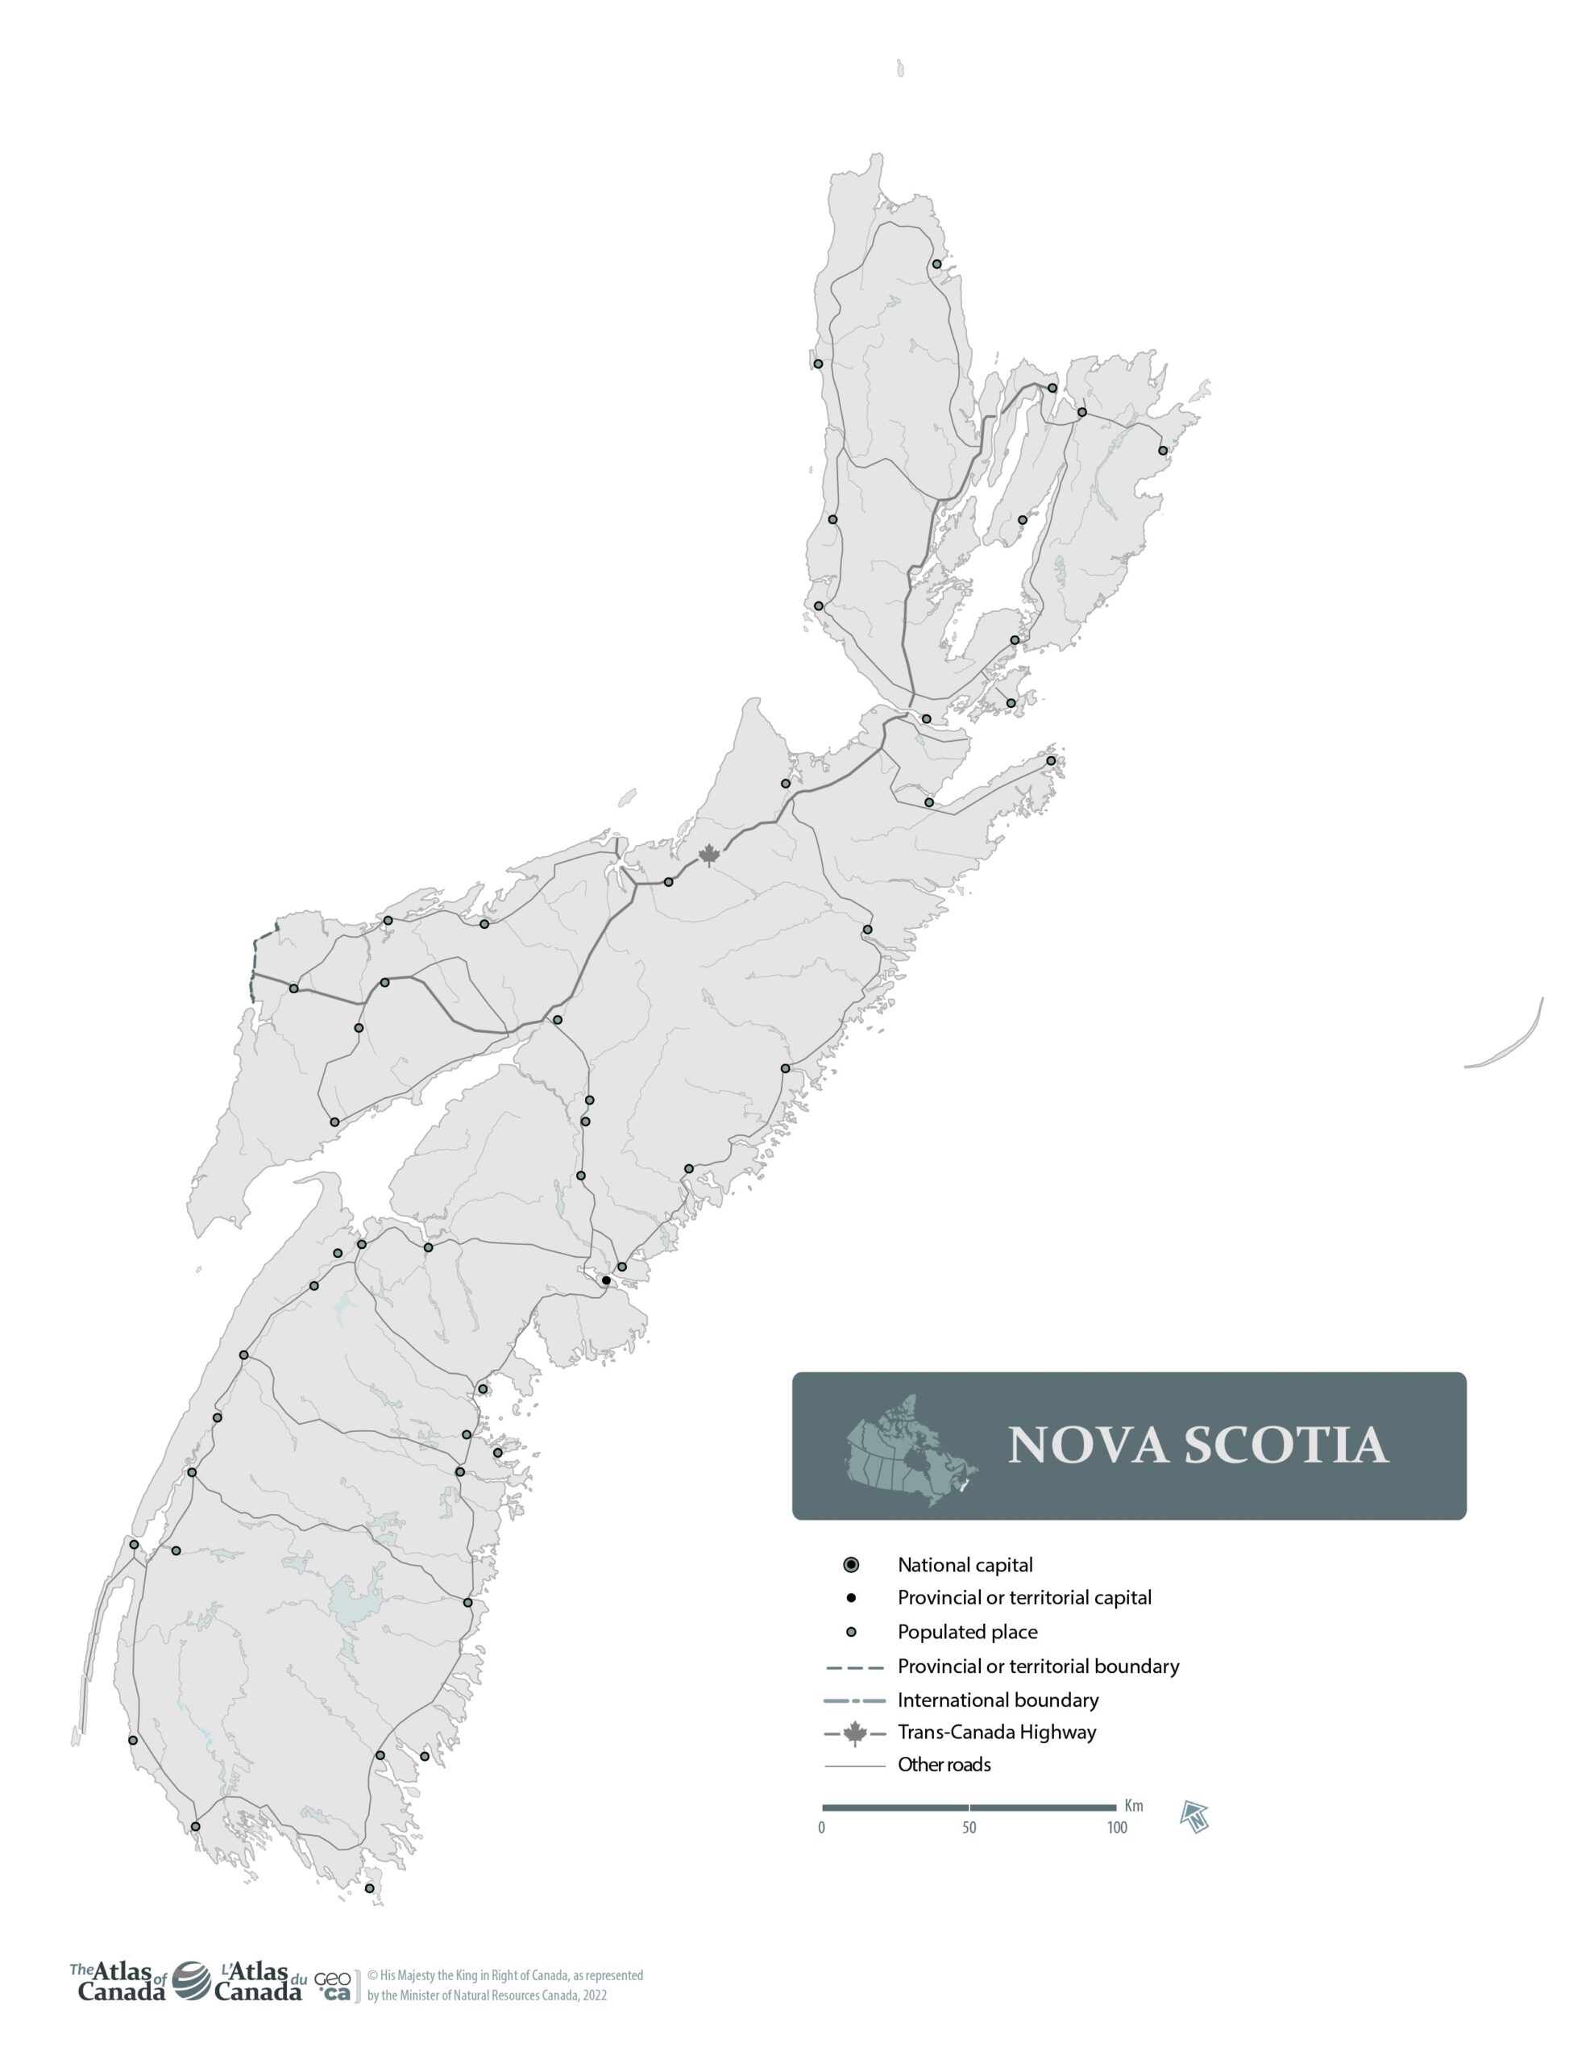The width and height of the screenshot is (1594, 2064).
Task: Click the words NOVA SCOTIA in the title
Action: point(1198,1445)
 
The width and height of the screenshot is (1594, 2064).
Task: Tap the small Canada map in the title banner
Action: point(910,1450)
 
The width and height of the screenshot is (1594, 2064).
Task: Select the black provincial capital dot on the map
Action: point(606,1280)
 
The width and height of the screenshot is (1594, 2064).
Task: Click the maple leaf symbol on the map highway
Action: point(708,856)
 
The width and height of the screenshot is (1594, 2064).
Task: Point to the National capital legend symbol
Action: point(851,1565)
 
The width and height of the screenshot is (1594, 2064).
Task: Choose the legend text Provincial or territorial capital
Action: point(1024,1598)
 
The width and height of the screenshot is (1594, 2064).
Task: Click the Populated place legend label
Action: point(968,1632)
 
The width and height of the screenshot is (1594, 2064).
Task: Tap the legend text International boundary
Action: point(998,1700)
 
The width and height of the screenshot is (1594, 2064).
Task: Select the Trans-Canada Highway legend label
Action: point(997,1733)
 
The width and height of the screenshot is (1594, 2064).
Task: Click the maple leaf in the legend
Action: point(855,1733)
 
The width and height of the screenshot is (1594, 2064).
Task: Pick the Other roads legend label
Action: point(944,1764)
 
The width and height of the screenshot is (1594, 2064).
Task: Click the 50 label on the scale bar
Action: point(969,1828)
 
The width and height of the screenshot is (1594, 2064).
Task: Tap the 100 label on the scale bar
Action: point(1117,1828)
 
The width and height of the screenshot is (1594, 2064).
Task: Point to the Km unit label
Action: point(1134,1806)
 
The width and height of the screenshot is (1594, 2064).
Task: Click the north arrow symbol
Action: point(1195,1816)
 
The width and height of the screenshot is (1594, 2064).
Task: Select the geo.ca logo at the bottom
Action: point(333,1985)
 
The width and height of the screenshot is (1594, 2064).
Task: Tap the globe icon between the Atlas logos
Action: point(191,1981)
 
